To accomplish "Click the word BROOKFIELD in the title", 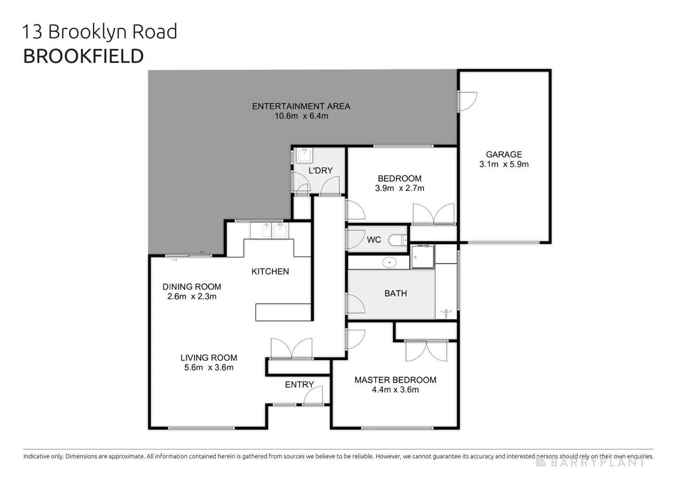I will (x=83, y=56).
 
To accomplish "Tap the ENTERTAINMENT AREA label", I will (x=301, y=106).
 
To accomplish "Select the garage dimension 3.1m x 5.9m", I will (x=504, y=164).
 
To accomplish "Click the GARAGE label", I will (x=504, y=154).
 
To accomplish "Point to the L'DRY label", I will (x=320, y=170).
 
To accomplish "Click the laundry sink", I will (x=304, y=155).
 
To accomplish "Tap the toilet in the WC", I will (x=398, y=240).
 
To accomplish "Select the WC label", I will (x=374, y=240).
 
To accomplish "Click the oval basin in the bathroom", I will (x=389, y=262).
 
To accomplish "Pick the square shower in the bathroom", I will (x=422, y=257).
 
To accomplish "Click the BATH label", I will (x=396, y=293).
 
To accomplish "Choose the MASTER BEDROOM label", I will (x=395, y=380).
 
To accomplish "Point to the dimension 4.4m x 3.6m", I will (x=395, y=390).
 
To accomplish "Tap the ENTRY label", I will (x=299, y=385).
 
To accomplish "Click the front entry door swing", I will (x=313, y=396).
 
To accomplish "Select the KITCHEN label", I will (x=270, y=271).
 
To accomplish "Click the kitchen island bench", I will (x=283, y=312).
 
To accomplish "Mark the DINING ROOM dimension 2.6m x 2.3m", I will (x=192, y=297).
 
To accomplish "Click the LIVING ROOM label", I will (x=208, y=358).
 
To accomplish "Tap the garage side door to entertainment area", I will (x=467, y=101).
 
